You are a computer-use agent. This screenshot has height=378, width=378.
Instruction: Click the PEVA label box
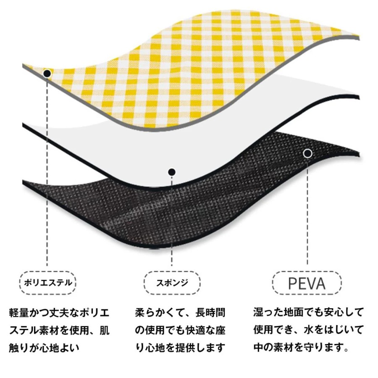307,283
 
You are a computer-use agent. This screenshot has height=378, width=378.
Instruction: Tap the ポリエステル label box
48,283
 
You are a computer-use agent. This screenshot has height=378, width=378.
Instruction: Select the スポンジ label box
172,283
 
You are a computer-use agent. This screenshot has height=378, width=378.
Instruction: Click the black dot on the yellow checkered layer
47,73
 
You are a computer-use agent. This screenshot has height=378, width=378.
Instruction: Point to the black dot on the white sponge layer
172,172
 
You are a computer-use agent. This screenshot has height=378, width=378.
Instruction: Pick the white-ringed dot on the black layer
307,153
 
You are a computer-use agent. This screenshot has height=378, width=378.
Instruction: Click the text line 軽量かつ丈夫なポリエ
59,312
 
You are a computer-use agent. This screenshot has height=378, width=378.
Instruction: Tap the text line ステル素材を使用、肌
59,330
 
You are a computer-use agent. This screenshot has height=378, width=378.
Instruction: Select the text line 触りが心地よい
44,348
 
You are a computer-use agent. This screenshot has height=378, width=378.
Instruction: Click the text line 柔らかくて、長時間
180,312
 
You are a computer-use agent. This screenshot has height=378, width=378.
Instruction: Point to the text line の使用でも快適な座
180,330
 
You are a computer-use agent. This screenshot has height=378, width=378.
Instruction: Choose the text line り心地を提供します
180,348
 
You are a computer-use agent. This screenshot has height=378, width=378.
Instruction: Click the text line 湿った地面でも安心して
308,312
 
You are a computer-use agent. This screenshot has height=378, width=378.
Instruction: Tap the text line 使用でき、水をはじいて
308,330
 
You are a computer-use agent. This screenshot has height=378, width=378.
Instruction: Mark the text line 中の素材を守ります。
301,347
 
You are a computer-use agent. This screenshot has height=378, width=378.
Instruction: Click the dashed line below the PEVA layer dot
307,211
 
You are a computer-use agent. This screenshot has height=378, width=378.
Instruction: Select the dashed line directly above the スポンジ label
172,220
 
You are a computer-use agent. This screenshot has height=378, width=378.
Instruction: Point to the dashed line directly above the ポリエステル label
47,171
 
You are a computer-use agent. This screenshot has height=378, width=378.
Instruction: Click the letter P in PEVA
292,283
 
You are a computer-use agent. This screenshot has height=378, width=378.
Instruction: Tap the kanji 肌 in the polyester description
105,330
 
